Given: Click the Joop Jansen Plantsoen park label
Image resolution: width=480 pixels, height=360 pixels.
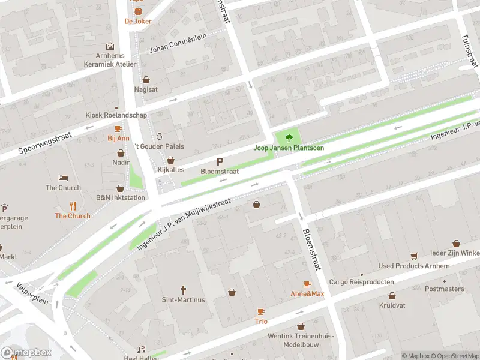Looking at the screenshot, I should (x=289, y=148).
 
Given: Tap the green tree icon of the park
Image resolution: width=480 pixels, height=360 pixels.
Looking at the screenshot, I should (x=292, y=136).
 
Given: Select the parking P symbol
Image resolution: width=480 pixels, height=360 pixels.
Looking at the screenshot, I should (x=220, y=161).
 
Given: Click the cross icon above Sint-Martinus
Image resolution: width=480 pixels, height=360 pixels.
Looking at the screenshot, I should (x=184, y=289).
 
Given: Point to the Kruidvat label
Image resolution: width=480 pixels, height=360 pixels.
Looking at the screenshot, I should (x=392, y=305).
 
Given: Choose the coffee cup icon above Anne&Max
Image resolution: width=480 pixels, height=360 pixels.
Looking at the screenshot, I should (x=307, y=284).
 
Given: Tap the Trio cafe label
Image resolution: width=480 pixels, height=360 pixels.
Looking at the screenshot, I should (x=261, y=321).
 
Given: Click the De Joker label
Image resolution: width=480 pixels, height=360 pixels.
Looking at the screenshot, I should (x=138, y=21).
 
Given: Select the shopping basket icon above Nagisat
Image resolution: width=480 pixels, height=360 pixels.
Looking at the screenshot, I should (x=146, y=79).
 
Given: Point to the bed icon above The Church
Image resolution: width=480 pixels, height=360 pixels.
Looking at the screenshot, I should (x=63, y=178).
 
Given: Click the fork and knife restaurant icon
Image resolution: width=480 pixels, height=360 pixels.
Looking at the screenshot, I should (x=73, y=206).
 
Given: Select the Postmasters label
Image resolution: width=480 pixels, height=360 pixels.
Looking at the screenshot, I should (x=444, y=289).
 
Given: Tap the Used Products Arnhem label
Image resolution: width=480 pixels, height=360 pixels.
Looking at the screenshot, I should (x=413, y=266).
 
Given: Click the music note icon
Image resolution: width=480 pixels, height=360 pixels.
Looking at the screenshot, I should (x=142, y=349).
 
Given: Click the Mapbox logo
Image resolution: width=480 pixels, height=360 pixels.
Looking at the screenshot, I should (x=26, y=353).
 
